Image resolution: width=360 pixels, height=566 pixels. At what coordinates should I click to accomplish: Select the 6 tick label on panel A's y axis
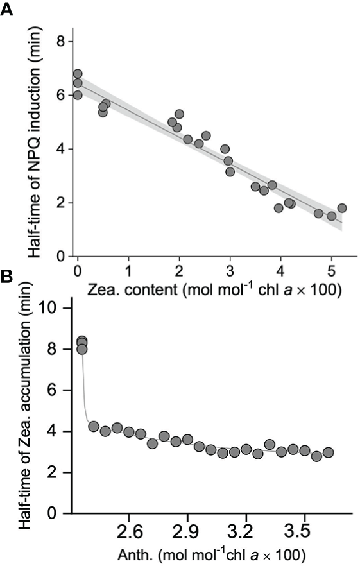tap(60, 95)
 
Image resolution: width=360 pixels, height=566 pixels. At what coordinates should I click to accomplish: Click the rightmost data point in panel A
tap(342, 208)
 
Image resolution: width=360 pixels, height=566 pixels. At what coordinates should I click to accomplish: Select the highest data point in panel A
tap(78, 74)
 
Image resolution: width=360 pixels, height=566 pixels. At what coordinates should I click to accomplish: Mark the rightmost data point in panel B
tap(329, 452)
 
